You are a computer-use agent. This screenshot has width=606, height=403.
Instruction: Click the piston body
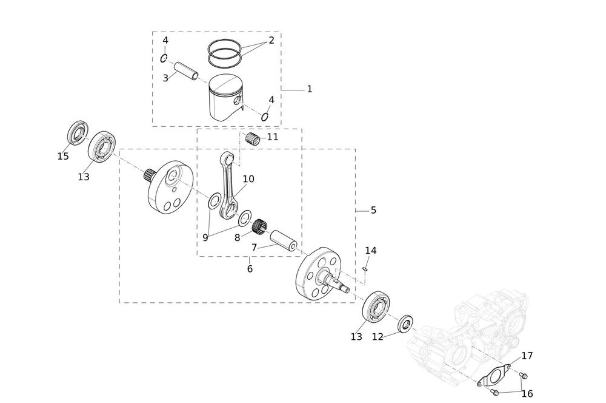(225, 99)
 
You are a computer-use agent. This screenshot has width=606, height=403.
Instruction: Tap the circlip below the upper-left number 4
(164, 58)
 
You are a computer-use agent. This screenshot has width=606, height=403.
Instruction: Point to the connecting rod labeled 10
(228, 185)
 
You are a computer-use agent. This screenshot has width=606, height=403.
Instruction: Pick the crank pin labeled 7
(283, 242)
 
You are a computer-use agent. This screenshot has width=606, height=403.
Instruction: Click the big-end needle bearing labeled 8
(259, 227)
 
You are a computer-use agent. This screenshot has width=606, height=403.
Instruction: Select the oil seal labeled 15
(78, 134)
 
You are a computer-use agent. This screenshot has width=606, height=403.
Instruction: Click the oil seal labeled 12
(406, 324)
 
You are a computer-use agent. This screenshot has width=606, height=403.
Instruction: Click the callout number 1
(309, 89)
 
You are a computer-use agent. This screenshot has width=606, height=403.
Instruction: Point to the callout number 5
(373, 210)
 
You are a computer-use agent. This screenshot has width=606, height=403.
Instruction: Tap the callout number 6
(250, 269)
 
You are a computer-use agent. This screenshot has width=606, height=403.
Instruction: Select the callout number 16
(527, 394)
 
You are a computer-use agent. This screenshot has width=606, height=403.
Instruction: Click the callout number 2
(271, 40)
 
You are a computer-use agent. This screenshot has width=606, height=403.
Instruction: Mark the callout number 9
(205, 238)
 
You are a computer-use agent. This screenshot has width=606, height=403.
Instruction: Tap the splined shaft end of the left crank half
(150, 176)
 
